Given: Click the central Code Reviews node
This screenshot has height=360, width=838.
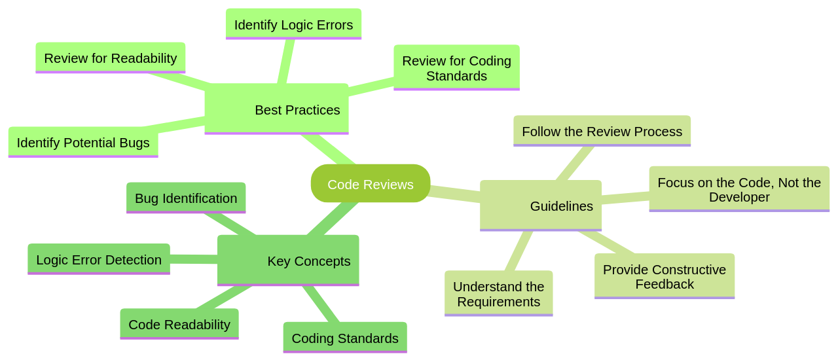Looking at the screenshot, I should point(371,184).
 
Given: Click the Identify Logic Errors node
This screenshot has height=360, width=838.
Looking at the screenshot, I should point(293,25).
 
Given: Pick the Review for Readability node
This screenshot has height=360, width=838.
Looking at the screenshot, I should point(110,58).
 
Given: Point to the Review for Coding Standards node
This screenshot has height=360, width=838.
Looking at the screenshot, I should point(456,68).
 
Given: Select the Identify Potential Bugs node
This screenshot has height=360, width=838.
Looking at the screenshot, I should point(83,143).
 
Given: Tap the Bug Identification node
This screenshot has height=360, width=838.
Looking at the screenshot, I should point(186,198).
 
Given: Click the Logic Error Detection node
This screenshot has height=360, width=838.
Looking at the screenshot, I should point(99,260).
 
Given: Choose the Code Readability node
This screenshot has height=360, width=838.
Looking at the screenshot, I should point(179,325).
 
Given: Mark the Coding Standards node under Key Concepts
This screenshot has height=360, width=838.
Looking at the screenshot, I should point(345,338).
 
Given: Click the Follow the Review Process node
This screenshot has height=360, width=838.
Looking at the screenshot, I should point(602,132).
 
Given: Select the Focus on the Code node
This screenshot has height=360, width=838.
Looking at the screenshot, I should point(739,189).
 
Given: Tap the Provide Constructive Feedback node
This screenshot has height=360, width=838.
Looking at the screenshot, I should point(665,277).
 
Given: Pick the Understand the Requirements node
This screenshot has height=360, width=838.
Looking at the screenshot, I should point(498,294).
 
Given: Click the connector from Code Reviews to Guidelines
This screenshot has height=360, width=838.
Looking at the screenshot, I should point(455,193).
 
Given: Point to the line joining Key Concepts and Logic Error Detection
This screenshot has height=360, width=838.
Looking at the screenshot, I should point(194,259).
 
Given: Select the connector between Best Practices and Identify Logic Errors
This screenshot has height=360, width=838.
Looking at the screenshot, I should point(285,62).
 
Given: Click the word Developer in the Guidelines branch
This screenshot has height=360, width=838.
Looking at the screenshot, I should point(739,197).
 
